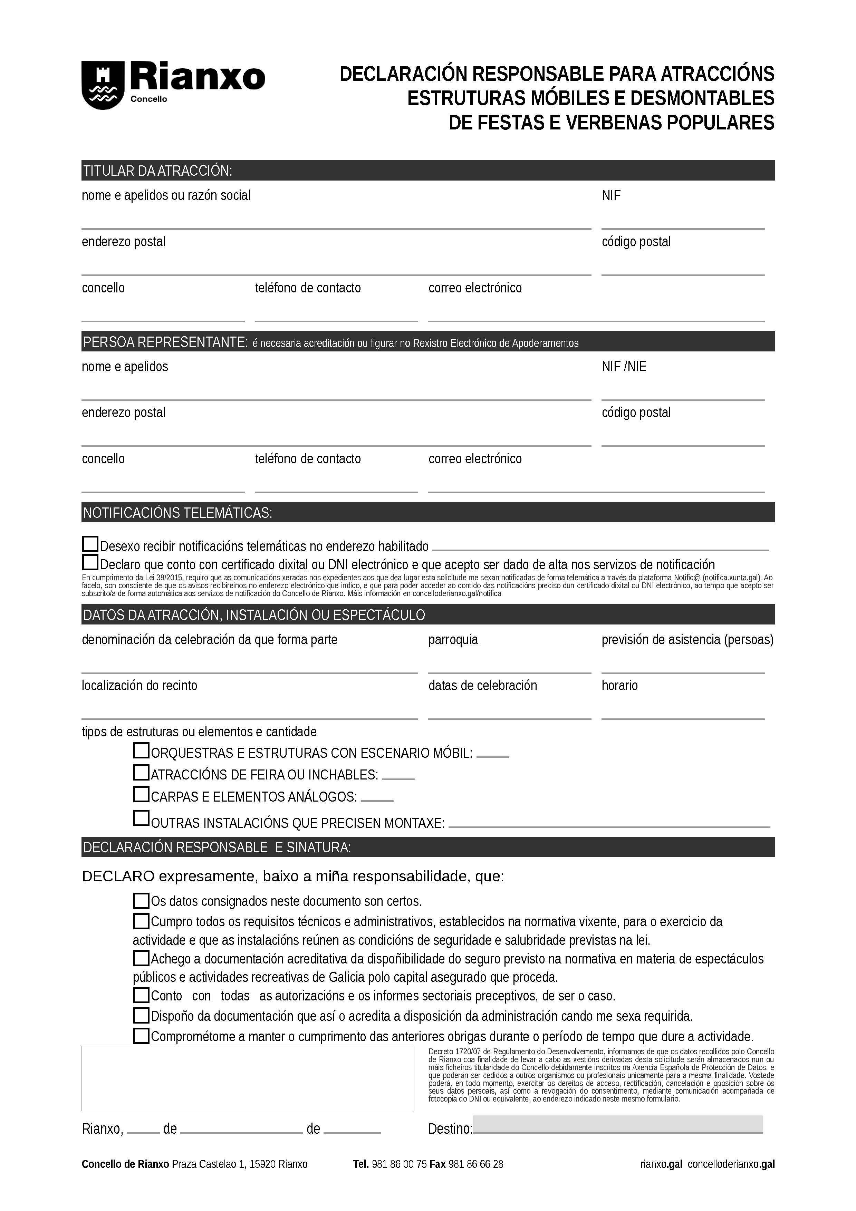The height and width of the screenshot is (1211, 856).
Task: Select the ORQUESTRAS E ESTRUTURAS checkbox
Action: click(x=141, y=750)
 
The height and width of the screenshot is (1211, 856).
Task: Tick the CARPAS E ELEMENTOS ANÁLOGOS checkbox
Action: click(x=141, y=794)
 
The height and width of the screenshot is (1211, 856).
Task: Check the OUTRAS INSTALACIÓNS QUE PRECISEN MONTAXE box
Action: click(x=141, y=818)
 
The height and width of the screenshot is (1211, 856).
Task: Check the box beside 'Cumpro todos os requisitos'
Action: click(x=141, y=921)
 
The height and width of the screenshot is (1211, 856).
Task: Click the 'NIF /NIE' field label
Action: click(x=624, y=367)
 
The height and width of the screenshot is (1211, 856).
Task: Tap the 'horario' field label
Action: click(x=620, y=686)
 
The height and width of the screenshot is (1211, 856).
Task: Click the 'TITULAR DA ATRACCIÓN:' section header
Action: click(x=158, y=171)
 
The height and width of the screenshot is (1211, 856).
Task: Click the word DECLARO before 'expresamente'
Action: click(x=118, y=876)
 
